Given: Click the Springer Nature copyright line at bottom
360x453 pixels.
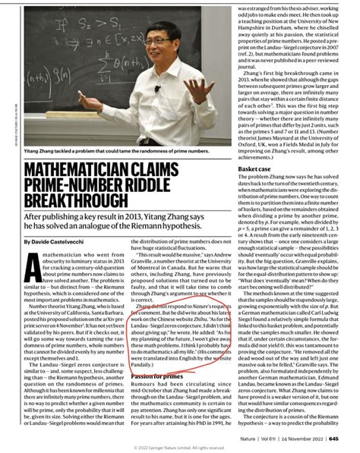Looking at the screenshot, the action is pos(179,447).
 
